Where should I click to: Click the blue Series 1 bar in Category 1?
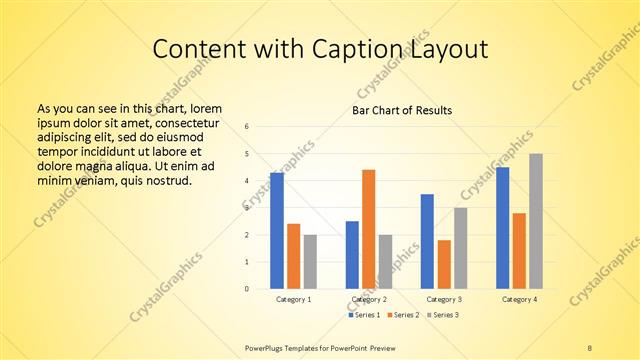pos(277,231)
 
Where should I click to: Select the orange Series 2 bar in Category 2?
pos(368,229)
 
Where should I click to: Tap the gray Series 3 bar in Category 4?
pos(536,221)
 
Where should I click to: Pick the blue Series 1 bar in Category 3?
pos(427,241)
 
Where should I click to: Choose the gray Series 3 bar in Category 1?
pos(310,262)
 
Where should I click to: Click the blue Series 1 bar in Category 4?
pos(503,228)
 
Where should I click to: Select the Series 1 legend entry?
pos(364,315)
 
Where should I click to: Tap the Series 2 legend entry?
pos(404,315)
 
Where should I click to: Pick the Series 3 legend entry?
pos(444,315)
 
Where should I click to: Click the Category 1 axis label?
pos(293,299)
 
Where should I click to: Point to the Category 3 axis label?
pos(444,299)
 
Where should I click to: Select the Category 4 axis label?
pos(519,299)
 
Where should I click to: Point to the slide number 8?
pos(589,347)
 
